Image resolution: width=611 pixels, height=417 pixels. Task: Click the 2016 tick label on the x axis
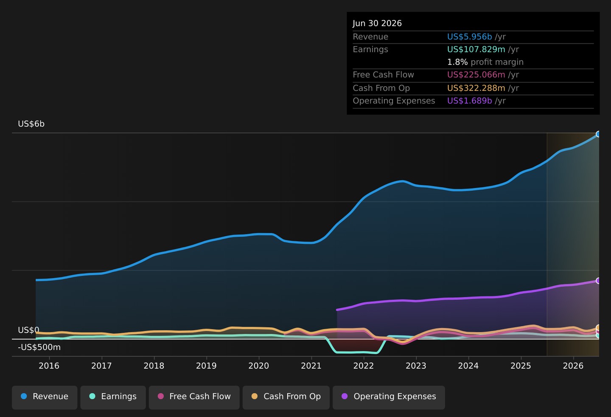[x=49, y=366]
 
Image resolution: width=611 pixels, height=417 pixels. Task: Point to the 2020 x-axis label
[x=258, y=366]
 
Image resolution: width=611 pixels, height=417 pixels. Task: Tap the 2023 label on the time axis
[x=416, y=366]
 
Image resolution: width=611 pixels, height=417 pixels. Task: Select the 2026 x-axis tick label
[x=573, y=366]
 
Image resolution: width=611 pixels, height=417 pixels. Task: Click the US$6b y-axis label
[x=31, y=124]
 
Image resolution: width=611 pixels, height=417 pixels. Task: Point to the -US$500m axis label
[x=39, y=347]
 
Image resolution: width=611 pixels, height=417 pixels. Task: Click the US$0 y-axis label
[x=29, y=330]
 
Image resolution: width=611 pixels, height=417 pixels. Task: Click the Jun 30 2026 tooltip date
[x=377, y=23]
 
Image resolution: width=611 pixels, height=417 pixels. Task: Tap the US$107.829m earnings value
[x=476, y=49]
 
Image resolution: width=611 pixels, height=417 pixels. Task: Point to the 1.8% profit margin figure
[x=457, y=62]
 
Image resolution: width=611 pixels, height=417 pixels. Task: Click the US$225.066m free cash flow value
[x=476, y=75]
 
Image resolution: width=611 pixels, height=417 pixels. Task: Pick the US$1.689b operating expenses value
[x=469, y=101]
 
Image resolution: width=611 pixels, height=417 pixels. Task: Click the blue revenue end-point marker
[x=597, y=134]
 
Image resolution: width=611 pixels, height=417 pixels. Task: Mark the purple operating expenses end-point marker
[x=597, y=281]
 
